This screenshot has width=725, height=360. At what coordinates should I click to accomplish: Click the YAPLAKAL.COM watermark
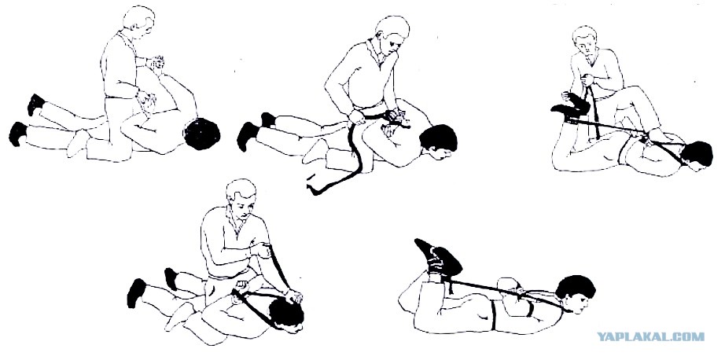pos(651,336)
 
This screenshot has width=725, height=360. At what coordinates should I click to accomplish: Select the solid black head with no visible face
pos(201,134)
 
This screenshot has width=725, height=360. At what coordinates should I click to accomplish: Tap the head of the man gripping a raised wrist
pos(138,22)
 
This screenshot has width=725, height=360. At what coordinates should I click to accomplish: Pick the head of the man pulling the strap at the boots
pos(585,40)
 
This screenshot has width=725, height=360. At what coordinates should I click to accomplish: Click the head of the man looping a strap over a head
pos(241,197)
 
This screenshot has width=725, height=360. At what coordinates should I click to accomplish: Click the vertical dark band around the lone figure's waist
pos(493,316)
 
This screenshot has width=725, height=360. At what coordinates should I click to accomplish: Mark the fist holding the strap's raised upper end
pos(262,249)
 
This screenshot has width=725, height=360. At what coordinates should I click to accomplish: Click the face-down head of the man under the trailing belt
pos(438,142)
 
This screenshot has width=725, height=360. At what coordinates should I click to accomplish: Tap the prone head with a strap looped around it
pos(287,314)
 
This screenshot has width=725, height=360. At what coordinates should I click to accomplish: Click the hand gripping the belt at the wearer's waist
pos(356,116)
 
